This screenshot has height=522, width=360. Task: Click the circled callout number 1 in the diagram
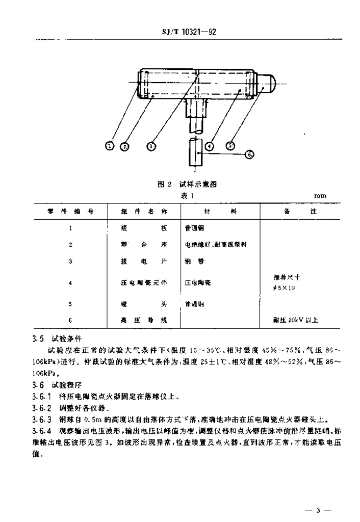pyautogui.click(x=110, y=146)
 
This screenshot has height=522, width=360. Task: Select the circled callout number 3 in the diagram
pyautogui.click(x=151, y=146)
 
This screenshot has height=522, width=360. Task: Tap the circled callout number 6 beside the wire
pyautogui.click(x=249, y=154)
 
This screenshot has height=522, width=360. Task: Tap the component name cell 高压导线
pyautogui.click(x=144, y=320)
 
